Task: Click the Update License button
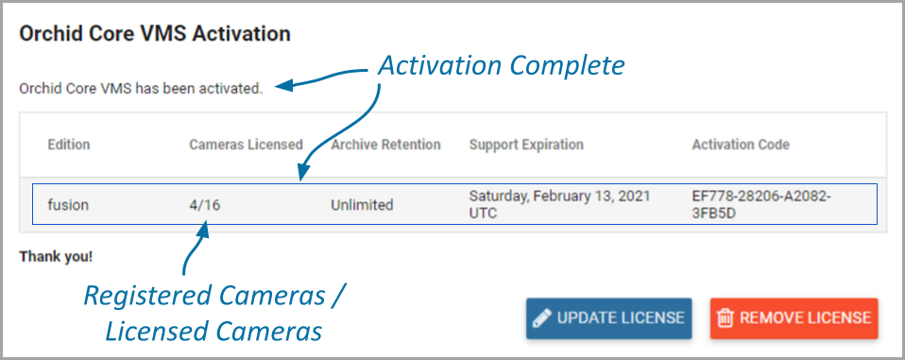pos(609,317)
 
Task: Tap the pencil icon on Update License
pos(541,317)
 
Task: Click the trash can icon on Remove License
pos(725,317)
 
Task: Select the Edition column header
pos(69,145)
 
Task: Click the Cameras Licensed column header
pos(246,145)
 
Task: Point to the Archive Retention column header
pos(385,145)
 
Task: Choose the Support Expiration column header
pos(526,145)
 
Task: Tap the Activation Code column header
pos(741,145)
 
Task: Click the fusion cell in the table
pos(68,204)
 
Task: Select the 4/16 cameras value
pos(204,205)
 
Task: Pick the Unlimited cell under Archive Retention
pos(362,205)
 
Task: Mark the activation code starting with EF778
pos(761,204)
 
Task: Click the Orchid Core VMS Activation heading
pos(155,34)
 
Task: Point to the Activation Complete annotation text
pos(501,66)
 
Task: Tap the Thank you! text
pos(56,256)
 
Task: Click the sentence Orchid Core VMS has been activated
pos(141,90)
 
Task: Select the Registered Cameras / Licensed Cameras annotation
pos(214,314)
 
